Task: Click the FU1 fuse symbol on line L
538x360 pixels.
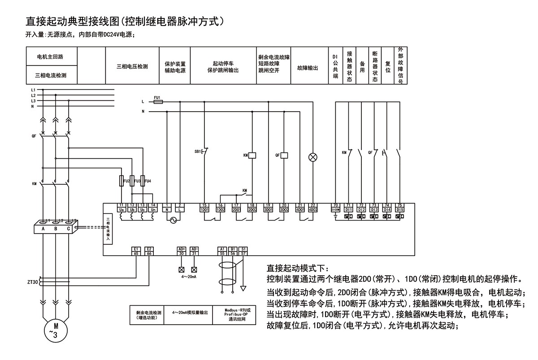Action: [158, 102]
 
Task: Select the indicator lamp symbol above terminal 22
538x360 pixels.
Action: [313, 157]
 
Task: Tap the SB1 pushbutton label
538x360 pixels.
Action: [197, 152]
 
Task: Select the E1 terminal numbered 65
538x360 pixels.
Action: [136, 251]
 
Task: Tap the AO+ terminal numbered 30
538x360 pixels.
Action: [182, 251]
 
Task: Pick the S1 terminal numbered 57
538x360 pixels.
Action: [243, 251]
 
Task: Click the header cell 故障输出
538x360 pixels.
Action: [307, 68]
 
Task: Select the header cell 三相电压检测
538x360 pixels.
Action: [132, 66]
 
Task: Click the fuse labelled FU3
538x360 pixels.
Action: [132, 180]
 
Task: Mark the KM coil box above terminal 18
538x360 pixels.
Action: [252, 155]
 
